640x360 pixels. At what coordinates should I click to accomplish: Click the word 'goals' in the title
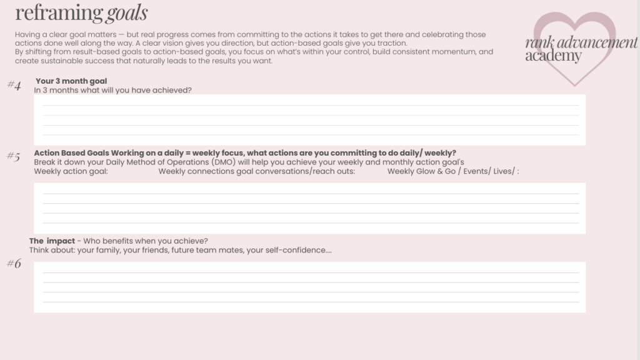click(127, 12)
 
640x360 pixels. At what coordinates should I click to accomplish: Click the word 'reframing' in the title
click(59, 12)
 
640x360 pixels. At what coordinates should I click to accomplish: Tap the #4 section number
click(14, 86)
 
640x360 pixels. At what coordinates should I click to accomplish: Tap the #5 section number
click(14, 157)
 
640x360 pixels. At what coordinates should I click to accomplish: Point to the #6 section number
click(14, 263)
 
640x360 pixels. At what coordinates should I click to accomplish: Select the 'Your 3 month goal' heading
click(71, 81)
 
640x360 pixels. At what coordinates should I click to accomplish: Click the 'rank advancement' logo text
click(581, 43)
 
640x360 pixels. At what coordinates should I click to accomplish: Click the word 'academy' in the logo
click(553, 56)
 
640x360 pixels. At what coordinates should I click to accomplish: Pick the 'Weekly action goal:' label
click(71, 171)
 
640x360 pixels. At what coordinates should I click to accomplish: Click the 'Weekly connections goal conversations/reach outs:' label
click(257, 171)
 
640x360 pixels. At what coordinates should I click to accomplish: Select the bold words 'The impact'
click(52, 241)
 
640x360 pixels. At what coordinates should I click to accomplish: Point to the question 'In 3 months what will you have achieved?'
click(113, 90)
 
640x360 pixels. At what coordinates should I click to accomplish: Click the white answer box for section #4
click(309, 120)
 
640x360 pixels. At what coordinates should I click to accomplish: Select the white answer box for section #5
click(309, 208)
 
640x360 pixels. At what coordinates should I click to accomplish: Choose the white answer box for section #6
click(309, 287)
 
